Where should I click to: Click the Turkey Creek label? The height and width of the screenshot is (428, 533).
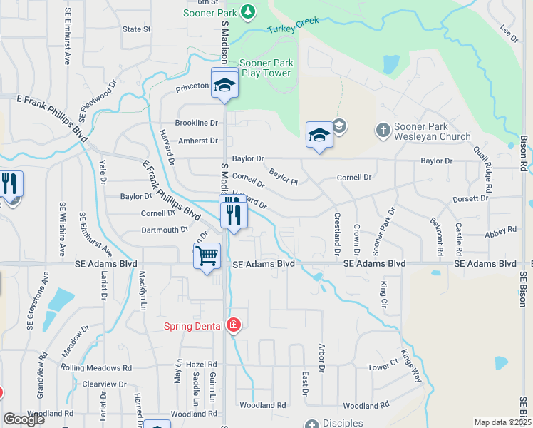click(293, 25)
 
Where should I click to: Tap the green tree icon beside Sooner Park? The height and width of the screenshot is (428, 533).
click(247, 11)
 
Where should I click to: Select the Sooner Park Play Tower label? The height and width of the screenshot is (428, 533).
click(265, 68)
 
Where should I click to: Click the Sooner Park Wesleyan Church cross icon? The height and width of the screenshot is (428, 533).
click(383, 130)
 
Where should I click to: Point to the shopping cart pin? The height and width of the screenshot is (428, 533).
click(207, 255)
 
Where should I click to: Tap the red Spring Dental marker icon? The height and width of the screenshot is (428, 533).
click(233, 326)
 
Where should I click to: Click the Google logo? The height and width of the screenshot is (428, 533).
click(24, 419)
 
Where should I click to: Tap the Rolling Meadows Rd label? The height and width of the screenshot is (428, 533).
click(96, 368)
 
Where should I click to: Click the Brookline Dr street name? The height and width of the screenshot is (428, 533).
click(197, 123)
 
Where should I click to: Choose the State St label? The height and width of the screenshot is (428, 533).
click(137, 29)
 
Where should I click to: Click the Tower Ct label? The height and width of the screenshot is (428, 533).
click(382, 366)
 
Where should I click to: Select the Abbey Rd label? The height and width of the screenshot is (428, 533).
click(500, 233)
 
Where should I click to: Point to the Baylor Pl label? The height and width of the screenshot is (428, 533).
click(284, 175)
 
